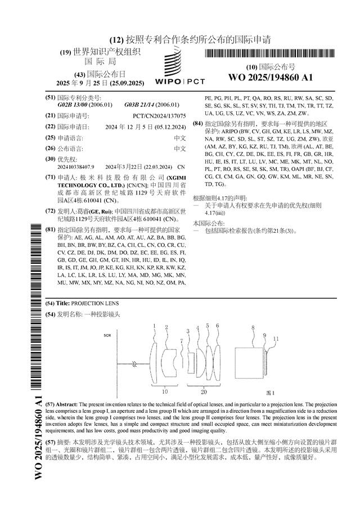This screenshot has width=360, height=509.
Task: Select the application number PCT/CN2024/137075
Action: tap(159, 115)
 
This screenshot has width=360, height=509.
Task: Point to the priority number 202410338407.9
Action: tap(76, 167)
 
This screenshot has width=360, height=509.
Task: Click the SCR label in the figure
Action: tap(107, 336)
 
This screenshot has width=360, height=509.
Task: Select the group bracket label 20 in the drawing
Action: tap(204, 391)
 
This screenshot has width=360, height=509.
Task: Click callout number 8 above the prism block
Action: tap(253, 327)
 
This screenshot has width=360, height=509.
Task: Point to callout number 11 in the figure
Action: tap(276, 338)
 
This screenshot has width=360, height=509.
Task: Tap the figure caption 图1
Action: tap(270, 391)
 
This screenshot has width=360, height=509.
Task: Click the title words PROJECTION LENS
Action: tap(88, 303)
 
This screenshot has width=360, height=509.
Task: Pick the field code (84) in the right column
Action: tap(197, 123)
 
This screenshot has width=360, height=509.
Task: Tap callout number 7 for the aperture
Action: tap(181, 341)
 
